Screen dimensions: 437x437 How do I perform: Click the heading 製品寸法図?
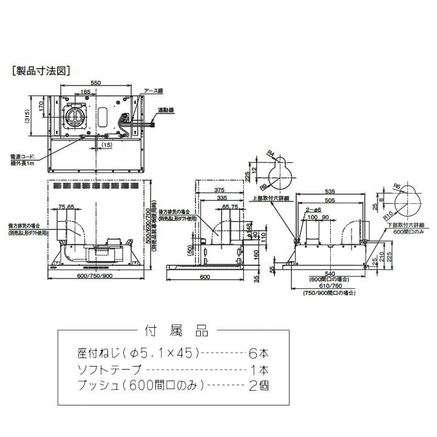(x=42, y=70)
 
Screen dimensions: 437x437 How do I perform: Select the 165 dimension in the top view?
(x=85, y=92)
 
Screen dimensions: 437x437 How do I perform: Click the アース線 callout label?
(x=153, y=91)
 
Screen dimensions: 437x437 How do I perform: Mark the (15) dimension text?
(x=107, y=146)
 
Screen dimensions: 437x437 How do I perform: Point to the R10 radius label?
(x=385, y=214)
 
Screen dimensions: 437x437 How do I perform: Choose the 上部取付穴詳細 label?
(x=270, y=198)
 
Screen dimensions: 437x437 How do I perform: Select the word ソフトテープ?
(x=109, y=369)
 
